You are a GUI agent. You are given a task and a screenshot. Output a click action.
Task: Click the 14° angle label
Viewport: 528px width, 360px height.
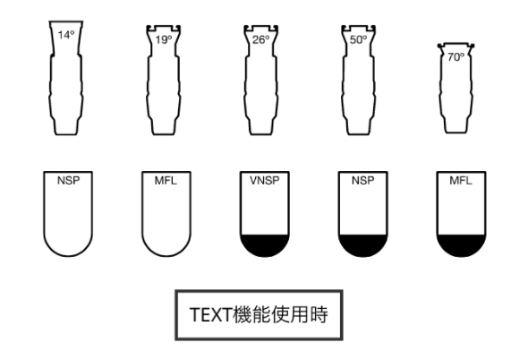pos(66,35)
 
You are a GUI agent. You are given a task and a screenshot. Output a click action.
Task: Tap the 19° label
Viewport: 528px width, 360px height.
pos(164,39)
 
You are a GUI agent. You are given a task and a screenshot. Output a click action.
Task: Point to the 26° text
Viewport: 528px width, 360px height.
pos(261,39)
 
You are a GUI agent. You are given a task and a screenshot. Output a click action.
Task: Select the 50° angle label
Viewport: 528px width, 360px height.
pos(358,39)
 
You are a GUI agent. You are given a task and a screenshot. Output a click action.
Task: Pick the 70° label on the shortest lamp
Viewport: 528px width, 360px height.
pos(456,57)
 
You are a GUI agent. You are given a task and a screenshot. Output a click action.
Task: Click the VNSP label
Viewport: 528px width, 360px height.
pos(265,181)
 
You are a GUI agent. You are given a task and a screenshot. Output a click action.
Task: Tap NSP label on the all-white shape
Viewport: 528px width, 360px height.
pos(68,181)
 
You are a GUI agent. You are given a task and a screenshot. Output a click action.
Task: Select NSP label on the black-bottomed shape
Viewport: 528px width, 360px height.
pos(363,181)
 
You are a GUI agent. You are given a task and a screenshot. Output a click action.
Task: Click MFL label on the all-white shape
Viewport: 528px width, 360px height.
pos(166,181)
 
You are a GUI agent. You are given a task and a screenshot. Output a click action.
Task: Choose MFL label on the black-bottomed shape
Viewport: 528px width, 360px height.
pos(461,181)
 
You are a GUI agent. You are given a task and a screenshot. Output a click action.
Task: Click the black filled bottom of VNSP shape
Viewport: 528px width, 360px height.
pos(265,245)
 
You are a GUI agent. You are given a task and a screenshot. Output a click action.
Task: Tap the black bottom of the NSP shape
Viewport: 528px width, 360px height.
pos(363,245)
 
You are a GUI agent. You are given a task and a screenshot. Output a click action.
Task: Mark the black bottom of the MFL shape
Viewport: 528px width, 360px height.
pos(461,245)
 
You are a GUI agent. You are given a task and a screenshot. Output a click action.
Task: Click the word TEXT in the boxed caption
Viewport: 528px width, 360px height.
pos(211,315)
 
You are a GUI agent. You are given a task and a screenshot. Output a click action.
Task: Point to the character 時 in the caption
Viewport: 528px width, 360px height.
pos(319,314)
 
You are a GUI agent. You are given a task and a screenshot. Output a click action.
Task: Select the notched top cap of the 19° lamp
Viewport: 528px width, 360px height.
pos(164,30)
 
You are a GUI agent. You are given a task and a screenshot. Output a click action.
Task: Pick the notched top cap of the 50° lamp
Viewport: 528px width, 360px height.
pos(358,30)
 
